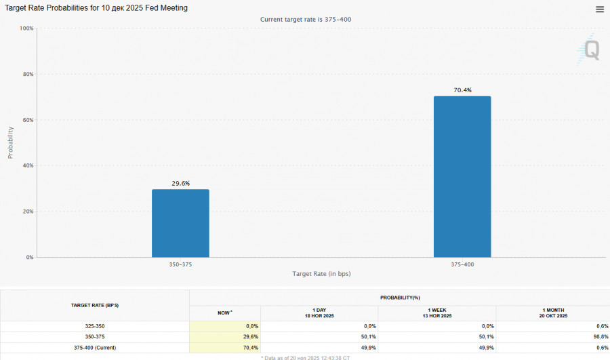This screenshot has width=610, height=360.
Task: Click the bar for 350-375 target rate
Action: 180,223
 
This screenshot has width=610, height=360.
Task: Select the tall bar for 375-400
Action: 462,176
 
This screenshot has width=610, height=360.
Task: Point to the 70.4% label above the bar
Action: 462,90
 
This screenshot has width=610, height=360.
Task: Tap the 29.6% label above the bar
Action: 180,183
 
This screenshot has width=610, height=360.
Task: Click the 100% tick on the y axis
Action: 26,28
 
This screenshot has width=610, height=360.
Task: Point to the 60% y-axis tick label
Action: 28,120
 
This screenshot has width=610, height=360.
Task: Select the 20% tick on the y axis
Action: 28,212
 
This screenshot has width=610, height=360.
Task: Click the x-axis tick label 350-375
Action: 180,264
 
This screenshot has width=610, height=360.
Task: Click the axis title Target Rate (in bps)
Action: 321,274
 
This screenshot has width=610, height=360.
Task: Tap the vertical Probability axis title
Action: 10,142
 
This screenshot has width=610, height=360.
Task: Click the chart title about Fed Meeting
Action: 97,8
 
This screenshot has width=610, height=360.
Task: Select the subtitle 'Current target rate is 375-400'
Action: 306,19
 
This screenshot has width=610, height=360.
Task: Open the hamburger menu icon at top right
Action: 600,9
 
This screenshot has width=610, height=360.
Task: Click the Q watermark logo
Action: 591,51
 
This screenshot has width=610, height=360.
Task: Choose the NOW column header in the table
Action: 224,313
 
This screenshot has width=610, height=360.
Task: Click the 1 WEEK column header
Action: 437,313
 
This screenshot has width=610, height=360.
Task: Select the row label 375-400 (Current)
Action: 95,348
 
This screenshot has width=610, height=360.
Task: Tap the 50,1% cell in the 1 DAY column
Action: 366,337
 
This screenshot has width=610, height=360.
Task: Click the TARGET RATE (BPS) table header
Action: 95,306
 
